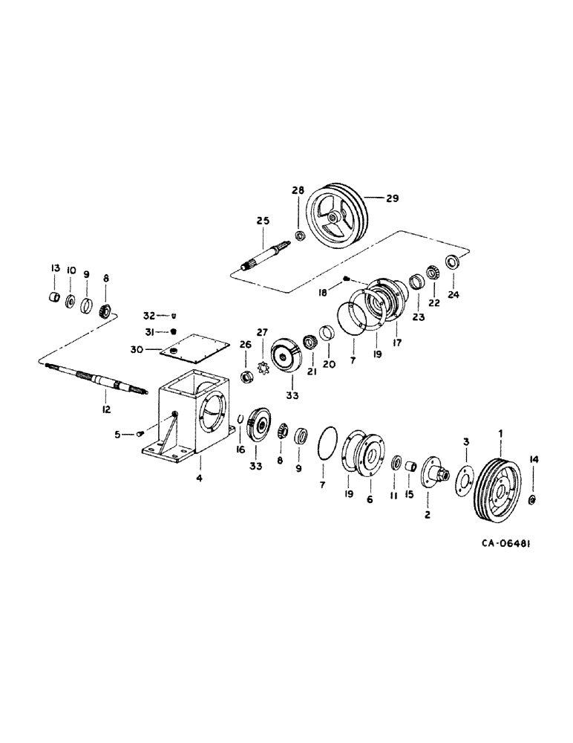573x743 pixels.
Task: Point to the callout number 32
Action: [149, 315]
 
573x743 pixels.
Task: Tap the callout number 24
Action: [454, 294]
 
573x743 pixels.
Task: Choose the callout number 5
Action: [119, 435]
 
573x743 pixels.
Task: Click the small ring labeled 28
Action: [300, 236]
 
